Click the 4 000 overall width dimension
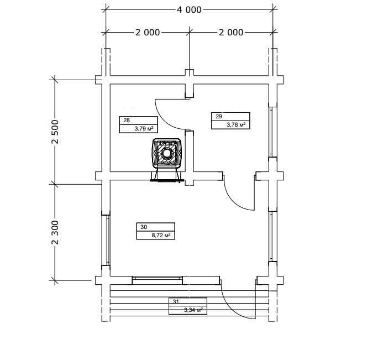click(190, 10)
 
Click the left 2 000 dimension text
click(148, 32)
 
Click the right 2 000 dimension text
click(231, 32)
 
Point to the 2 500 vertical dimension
click(55, 132)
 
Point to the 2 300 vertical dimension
click(55, 232)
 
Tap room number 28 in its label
click(127, 120)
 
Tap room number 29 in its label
click(219, 116)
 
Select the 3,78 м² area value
click(236, 124)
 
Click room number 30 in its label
click(144, 227)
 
